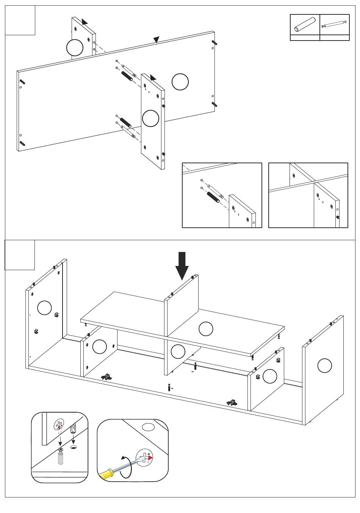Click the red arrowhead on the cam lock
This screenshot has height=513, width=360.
150,458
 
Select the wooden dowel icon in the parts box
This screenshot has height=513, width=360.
305,25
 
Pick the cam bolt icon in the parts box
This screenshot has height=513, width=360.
334,24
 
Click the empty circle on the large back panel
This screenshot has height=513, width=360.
180,82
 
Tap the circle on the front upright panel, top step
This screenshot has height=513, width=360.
150,118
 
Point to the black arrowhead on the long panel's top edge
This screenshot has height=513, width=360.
156,39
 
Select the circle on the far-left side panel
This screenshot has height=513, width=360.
44,307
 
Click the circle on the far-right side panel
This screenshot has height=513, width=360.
324,366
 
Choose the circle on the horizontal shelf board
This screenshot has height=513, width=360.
206,328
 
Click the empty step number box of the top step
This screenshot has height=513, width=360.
20,20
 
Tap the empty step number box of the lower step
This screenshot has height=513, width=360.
20,255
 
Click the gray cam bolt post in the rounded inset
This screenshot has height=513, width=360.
60,456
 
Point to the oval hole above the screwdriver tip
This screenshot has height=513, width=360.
148,427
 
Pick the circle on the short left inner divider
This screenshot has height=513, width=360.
99,346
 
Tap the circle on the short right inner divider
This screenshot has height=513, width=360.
270,376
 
